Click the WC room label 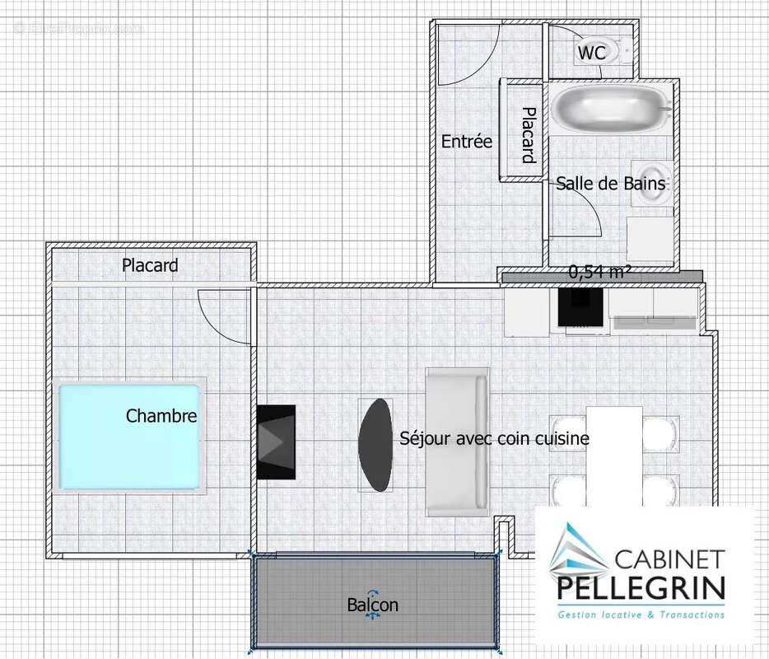click(x=591, y=53)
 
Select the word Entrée click(x=466, y=142)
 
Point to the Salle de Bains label click(x=609, y=183)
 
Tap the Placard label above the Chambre click(x=150, y=265)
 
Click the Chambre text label click(x=161, y=416)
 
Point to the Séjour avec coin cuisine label click(x=494, y=438)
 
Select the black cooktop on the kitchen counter click(x=581, y=308)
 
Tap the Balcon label click(x=372, y=605)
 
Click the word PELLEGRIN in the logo click(x=642, y=588)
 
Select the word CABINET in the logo click(x=669, y=559)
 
